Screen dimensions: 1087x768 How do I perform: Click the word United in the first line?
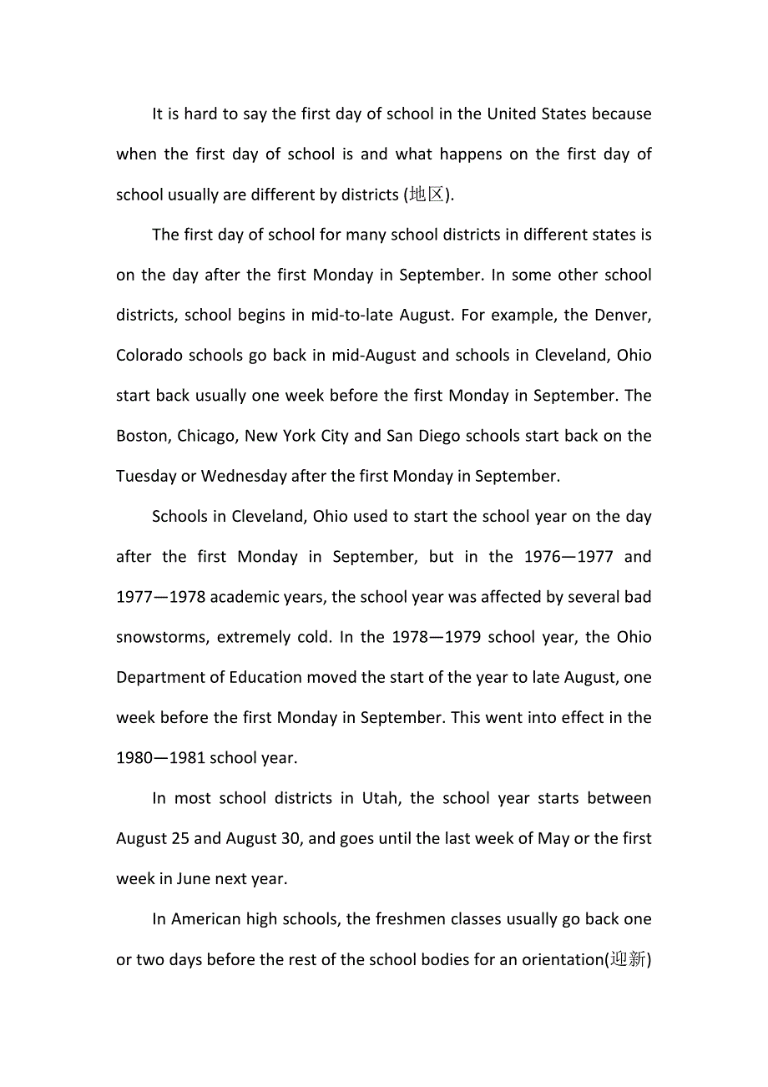(x=514, y=114)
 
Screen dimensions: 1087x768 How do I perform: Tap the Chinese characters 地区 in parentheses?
(x=427, y=195)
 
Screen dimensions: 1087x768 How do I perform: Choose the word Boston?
(x=144, y=436)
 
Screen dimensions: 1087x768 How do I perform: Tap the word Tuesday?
(x=146, y=476)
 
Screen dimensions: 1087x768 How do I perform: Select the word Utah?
(x=380, y=798)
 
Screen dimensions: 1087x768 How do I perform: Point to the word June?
(x=193, y=878)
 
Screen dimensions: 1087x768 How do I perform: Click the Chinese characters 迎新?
(x=628, y=959)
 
